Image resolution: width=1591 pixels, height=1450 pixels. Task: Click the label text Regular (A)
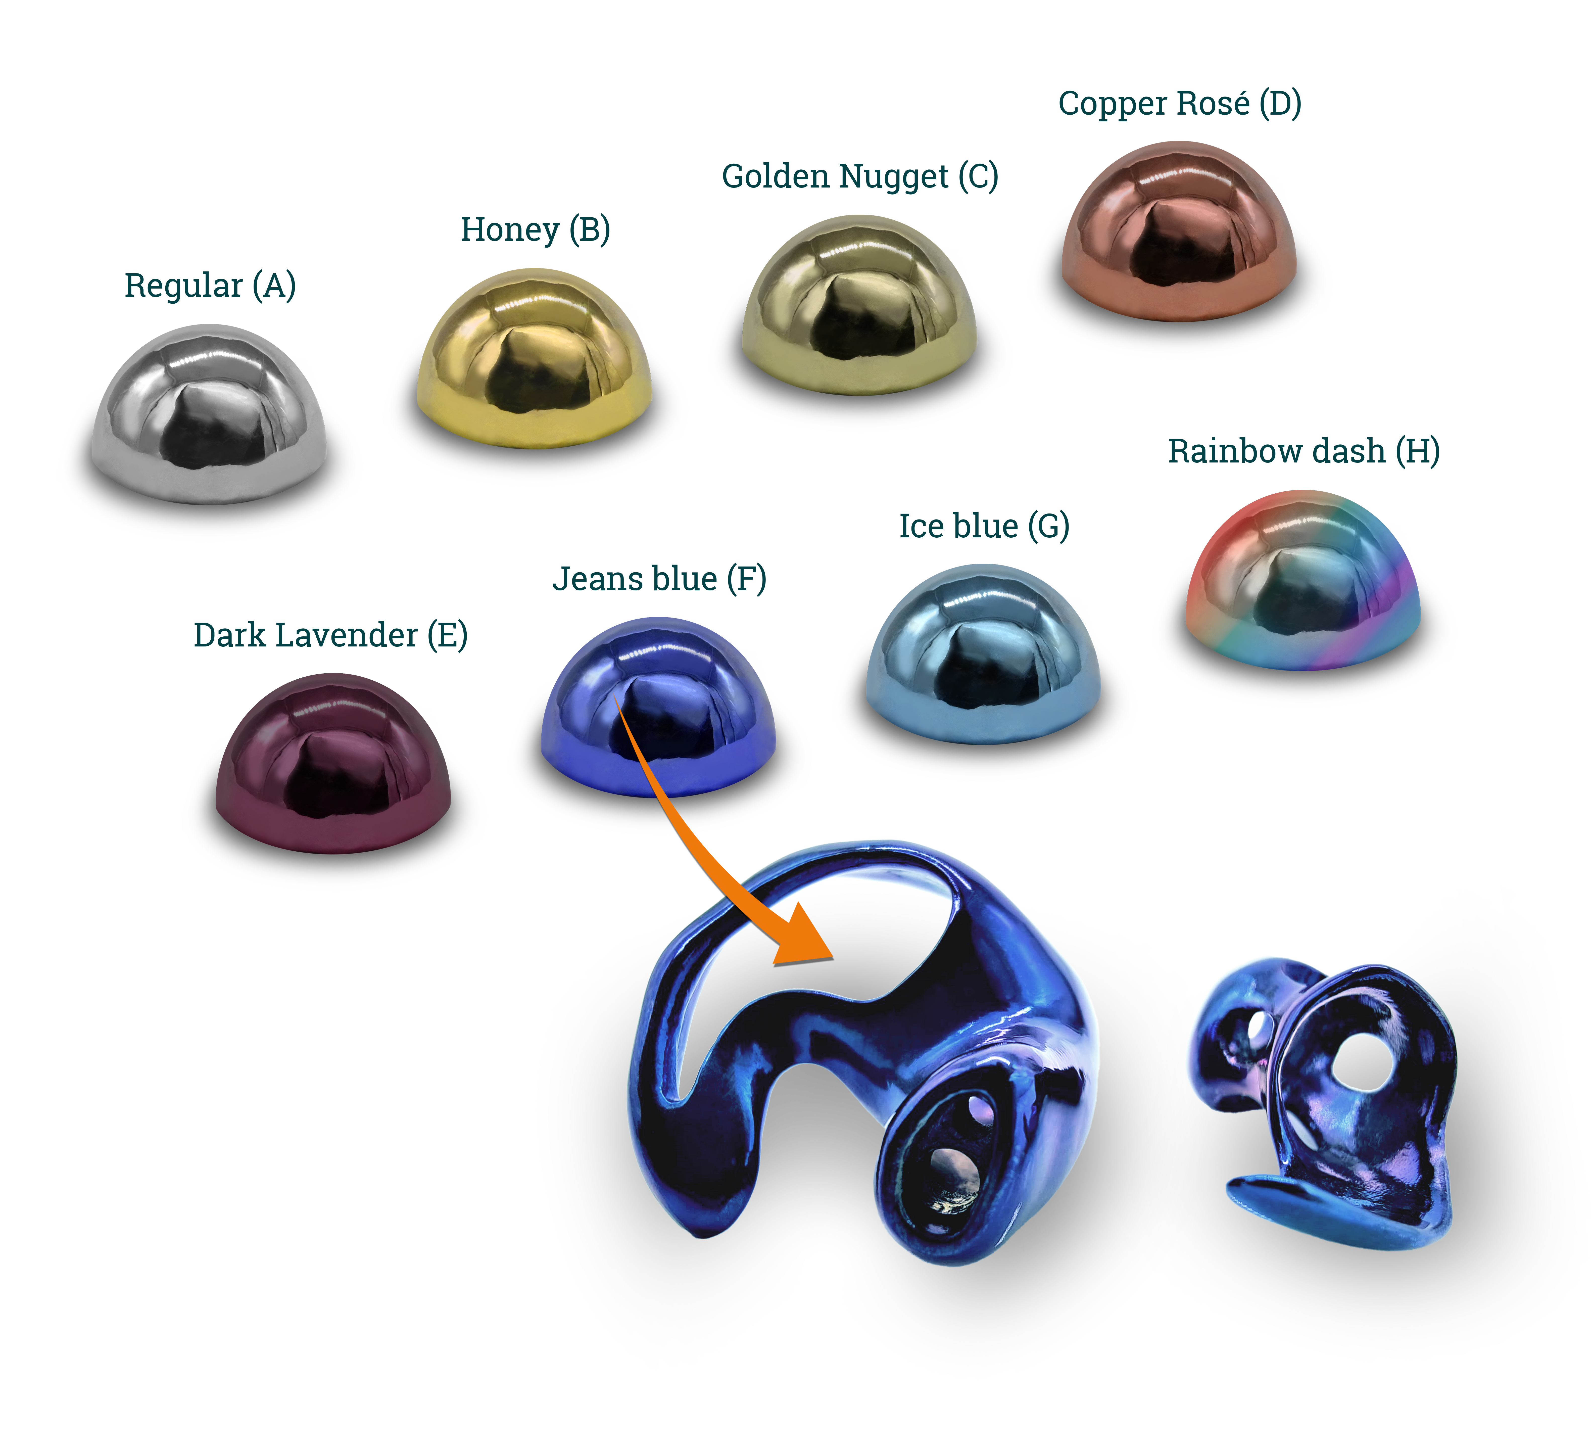coord(210,286)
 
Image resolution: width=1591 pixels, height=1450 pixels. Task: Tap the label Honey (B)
coord(535,230)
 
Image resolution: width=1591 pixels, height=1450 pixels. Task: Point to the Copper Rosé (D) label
coord(1180,103)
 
